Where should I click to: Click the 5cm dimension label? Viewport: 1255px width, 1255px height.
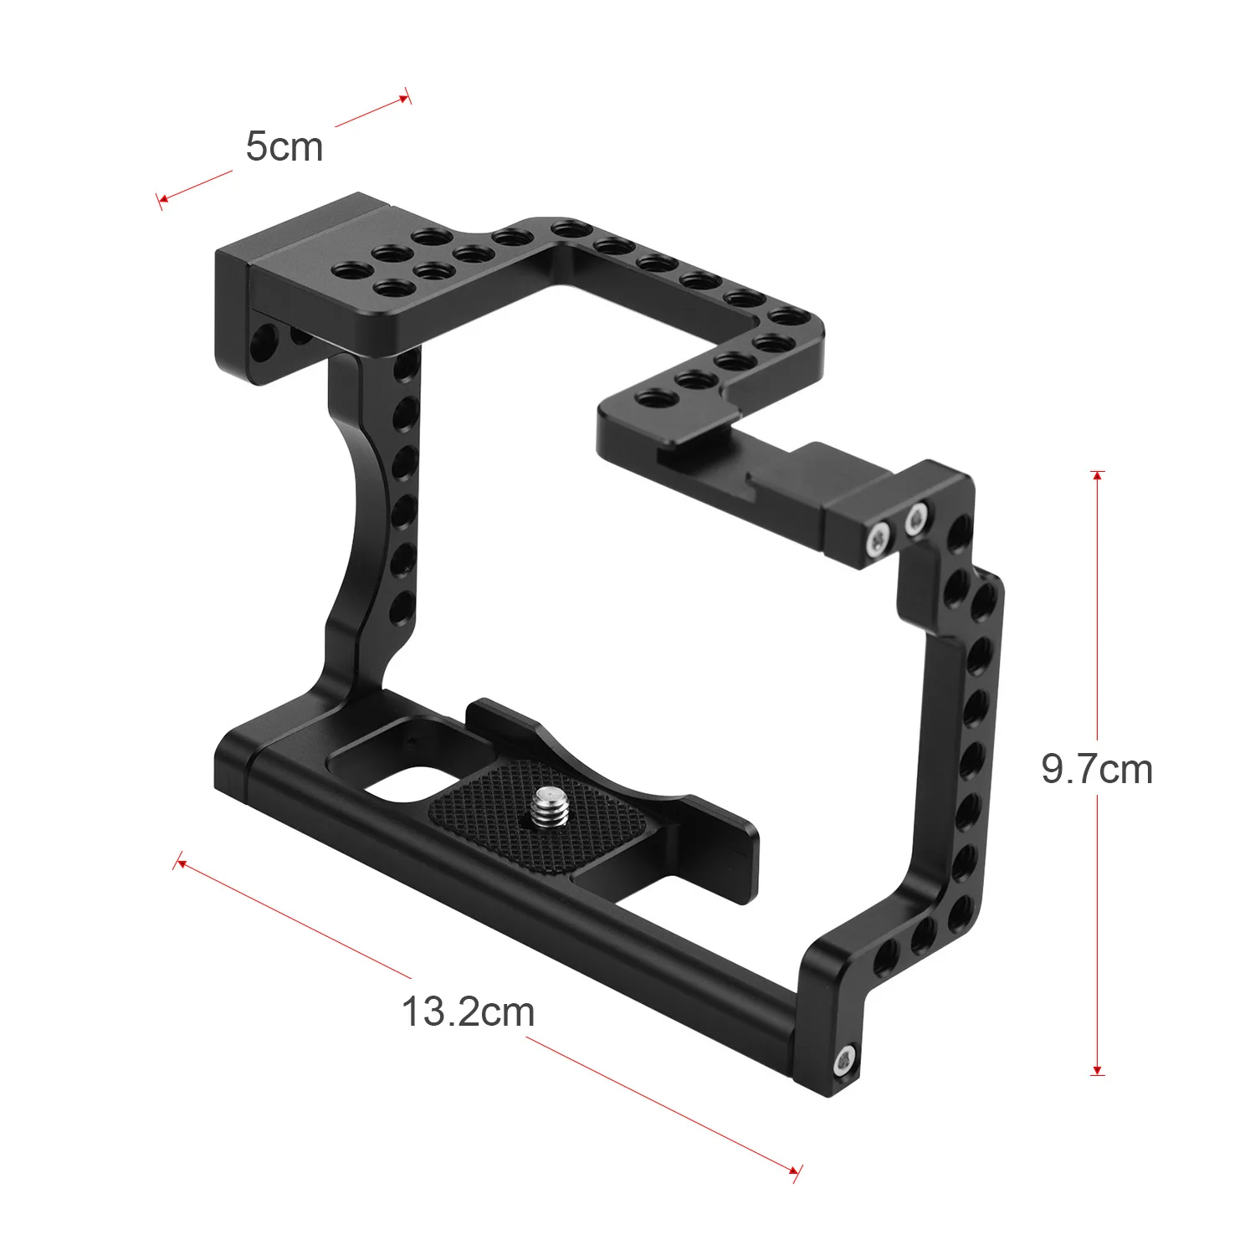pos(284,147)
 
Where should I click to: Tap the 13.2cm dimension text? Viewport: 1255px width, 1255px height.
pos(468,1012)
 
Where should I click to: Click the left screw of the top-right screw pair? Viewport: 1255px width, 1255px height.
pos(877,539)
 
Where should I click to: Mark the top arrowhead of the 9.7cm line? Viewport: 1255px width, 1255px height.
pos(1098,475)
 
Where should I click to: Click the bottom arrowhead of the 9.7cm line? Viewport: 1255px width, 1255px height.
pos(1098,1071)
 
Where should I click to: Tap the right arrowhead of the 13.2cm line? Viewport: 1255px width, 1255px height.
pos(795,1171)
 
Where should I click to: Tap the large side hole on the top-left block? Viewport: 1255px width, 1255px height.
pos(266,339)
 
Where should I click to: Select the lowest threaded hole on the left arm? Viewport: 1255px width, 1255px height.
pos(403,607)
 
